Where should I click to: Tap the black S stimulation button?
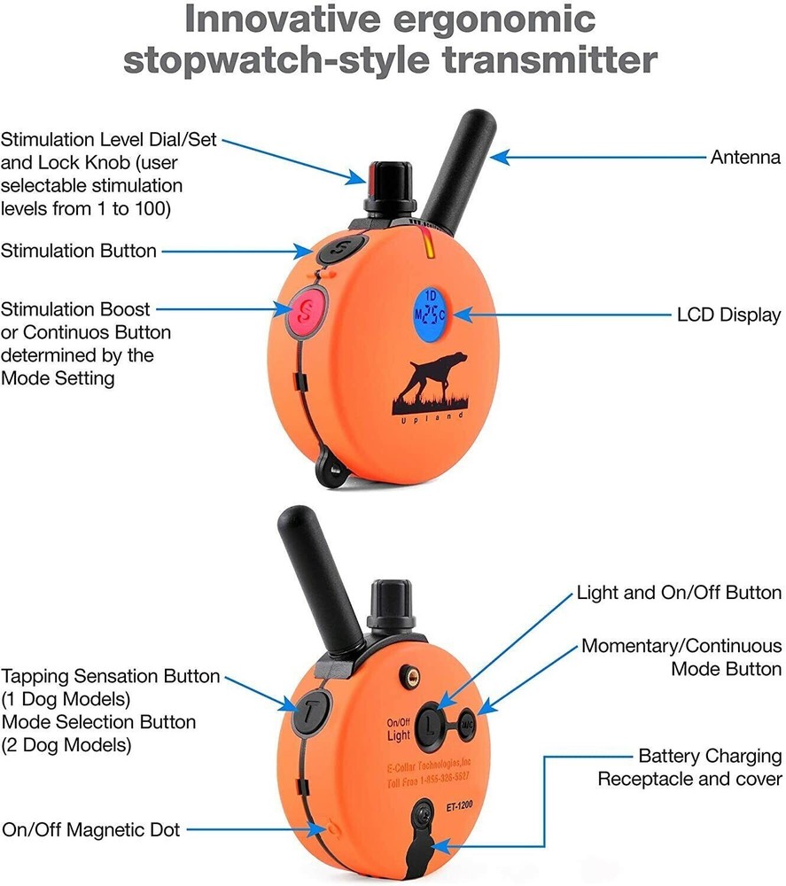[x=337, y=251]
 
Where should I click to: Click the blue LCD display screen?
[x=431, y=314]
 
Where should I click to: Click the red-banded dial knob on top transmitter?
[x=386, y=182]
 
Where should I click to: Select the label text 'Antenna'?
[x=745, y=158]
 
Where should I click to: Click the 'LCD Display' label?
[x=728, y=315]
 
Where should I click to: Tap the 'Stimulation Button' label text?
[x=79, y=251]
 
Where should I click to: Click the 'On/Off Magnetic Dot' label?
[x=90, y=829]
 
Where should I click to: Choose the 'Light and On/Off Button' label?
[x=679, y=592]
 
